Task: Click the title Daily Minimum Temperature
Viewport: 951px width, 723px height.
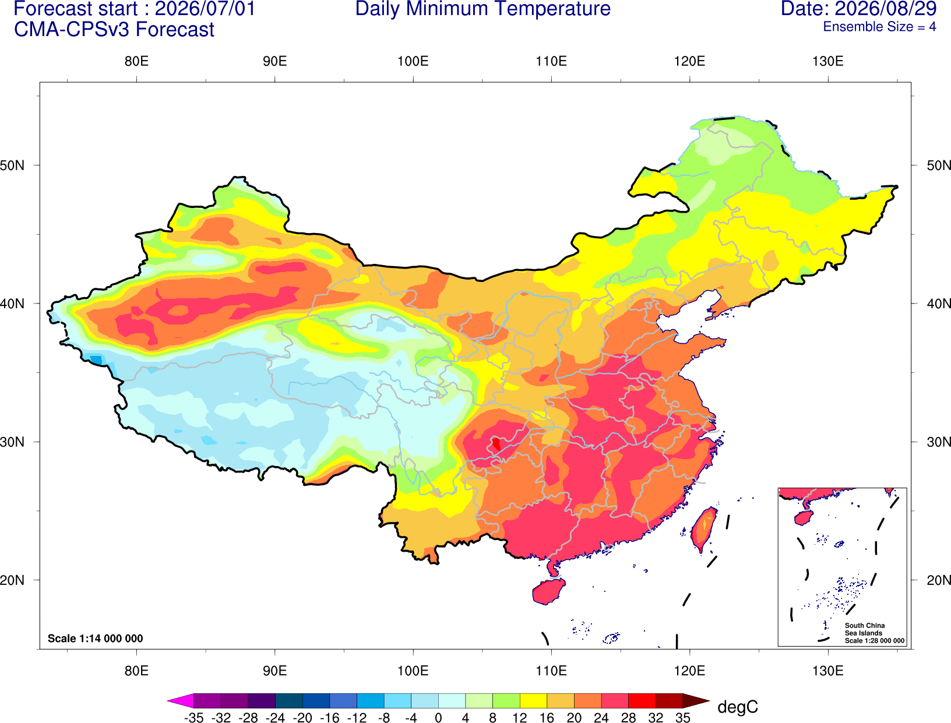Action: pyautogui.click(x=482, y=9)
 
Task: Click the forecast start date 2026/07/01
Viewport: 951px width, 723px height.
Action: pyautogui.click(x=205, y=9)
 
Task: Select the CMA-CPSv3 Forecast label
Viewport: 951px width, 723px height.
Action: pyautogui.click(x=114, y=30)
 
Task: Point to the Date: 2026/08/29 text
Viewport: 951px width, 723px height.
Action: pyautogui.click(x=858, y=9)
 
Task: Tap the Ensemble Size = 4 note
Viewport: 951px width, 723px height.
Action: pyautogui.click(x=879, y=27)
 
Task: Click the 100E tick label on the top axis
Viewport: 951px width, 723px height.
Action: pyautogui.click(x=413, y=61)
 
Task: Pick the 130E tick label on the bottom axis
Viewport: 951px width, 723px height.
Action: pyautogui.click(x=827, y=671)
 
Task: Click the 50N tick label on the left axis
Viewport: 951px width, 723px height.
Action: pyautogui.click(x=12, y=165)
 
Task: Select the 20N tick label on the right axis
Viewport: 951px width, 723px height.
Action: pyautogui.click(x=939, y=580)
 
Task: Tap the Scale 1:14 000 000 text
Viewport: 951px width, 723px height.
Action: pyautogui.click(x=96, y=638)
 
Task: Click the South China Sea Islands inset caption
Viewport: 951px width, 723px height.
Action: pyautogui.click(x=874, y=633)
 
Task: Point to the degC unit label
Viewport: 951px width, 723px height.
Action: pyautogui.click(x=737, y=707)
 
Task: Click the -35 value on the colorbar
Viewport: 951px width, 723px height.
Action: pyautogui.click(x=193, y=718)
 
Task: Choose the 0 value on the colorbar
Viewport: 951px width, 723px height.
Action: pyautogui.click(x=438, y=718)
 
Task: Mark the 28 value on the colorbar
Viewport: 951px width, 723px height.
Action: pyautogui.click(x=628, y=718)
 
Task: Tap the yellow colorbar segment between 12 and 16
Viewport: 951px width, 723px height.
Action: pyautogui.click(x=533, y=700)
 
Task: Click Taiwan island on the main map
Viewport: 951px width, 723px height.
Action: pyautogui.click(x=703, y=529)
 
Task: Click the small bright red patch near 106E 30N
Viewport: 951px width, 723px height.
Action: pyautogui.click(x=496, y=444)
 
